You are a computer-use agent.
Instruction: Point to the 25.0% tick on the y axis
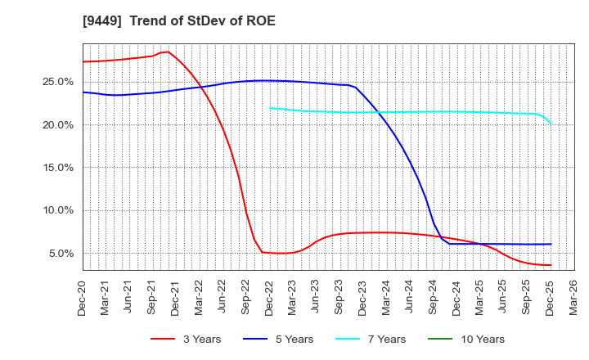[x=60, y=82]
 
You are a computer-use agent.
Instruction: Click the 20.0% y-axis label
[x=60, y=124]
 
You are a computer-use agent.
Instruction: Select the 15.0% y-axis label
[x=60, y=168]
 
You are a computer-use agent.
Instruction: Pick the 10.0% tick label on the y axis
[x=60, y=210]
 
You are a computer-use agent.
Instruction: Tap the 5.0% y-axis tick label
[x=62, y=253]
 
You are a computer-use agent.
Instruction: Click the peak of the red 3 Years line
[x=168, y=52]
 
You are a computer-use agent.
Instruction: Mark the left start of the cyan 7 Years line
[x=270, y=107]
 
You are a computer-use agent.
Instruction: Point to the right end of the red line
[x=551, y=265]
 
